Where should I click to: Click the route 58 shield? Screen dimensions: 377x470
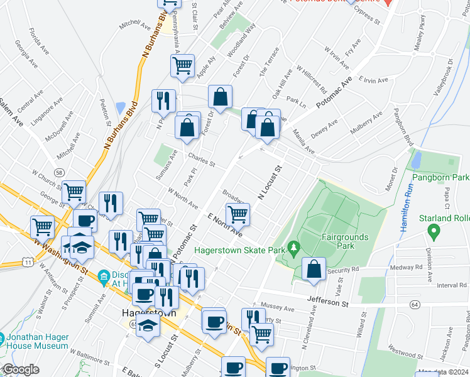(x=59, y=172)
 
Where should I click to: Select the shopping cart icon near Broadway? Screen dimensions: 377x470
(x=238, y=214)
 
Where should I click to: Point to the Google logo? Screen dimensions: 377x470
(x=21, y=369)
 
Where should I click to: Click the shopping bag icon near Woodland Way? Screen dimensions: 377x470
(x=221, y=97)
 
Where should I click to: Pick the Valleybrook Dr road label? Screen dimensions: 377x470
(x=443, y=77)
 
